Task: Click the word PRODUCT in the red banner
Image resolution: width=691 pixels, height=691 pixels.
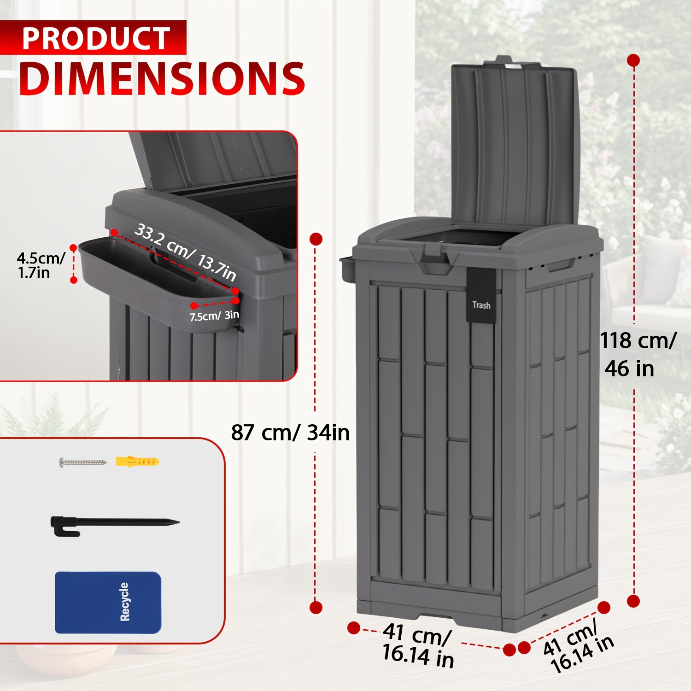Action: [x=96, y=38]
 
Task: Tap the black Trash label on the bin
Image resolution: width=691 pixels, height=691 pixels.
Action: [x=481, y=295]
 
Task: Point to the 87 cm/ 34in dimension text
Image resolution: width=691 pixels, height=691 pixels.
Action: [x=290, y=433]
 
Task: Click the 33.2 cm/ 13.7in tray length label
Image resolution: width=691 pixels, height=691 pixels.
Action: [x=186, y=252]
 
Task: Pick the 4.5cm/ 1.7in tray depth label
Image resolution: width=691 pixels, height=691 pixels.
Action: [x=41, y=265]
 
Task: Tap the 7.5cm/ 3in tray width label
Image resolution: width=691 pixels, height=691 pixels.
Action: [x=214, y=316]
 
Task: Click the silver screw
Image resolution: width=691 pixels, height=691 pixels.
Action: [x=83, y=461]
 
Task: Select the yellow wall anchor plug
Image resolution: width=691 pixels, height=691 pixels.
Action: [x=137, y=461]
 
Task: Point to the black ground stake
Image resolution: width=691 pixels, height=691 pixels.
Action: [x=115, y=525]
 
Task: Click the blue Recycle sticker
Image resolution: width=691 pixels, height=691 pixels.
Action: [x=108, y=603]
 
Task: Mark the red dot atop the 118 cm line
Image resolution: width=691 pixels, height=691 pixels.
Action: [x=634, y=60]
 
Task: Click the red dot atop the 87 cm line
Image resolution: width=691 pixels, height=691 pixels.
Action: [x=316, y=239]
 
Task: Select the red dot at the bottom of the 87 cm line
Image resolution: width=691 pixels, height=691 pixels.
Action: [x=316, y=607]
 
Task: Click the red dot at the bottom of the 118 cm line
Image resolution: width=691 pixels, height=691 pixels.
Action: [x=634, y=601]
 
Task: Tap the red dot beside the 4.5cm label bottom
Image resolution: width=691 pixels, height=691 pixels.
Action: [x=74, y=280]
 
